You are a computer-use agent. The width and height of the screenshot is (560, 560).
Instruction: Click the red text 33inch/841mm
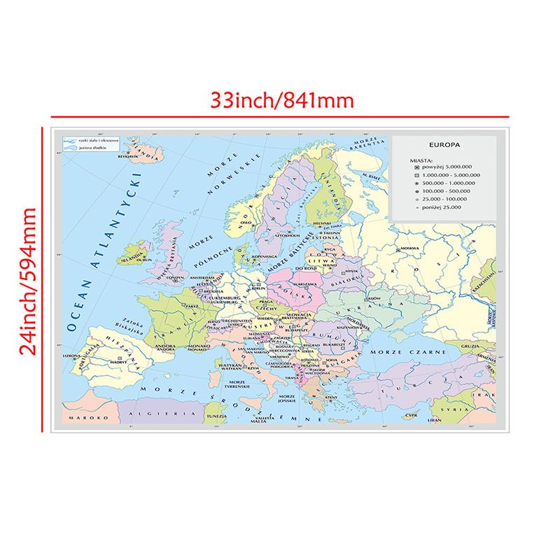pos(283,99)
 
